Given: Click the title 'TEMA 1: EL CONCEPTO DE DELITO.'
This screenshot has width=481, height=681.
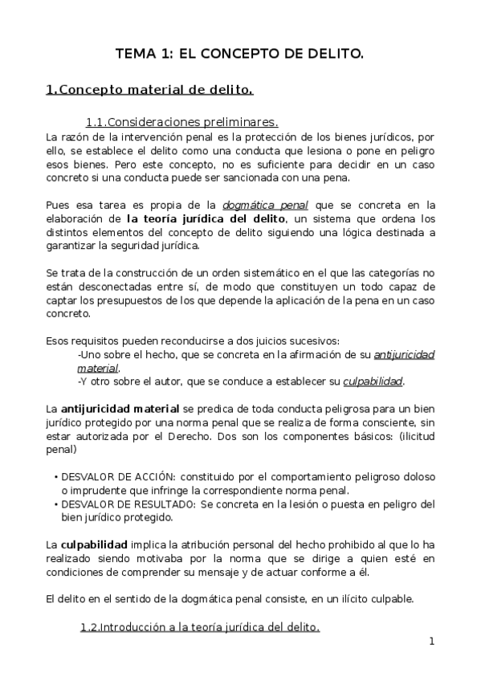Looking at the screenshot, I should pos(240,55).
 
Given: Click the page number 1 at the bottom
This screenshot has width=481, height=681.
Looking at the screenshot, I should pos(431,641).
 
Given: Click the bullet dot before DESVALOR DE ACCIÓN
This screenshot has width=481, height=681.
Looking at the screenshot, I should pos(54,476).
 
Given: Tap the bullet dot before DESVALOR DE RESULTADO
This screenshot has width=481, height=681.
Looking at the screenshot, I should pos(54,504).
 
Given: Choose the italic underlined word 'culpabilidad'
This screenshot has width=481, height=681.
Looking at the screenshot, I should pos(373,381).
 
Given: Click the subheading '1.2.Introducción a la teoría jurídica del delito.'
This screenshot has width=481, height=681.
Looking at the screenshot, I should pos(200,627).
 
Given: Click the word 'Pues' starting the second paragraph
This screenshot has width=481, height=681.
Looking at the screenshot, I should pos(58,205).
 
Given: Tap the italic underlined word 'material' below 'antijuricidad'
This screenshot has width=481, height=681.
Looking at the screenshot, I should pos(97,368).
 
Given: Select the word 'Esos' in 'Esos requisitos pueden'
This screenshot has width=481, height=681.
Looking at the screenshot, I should pos(58,340).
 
